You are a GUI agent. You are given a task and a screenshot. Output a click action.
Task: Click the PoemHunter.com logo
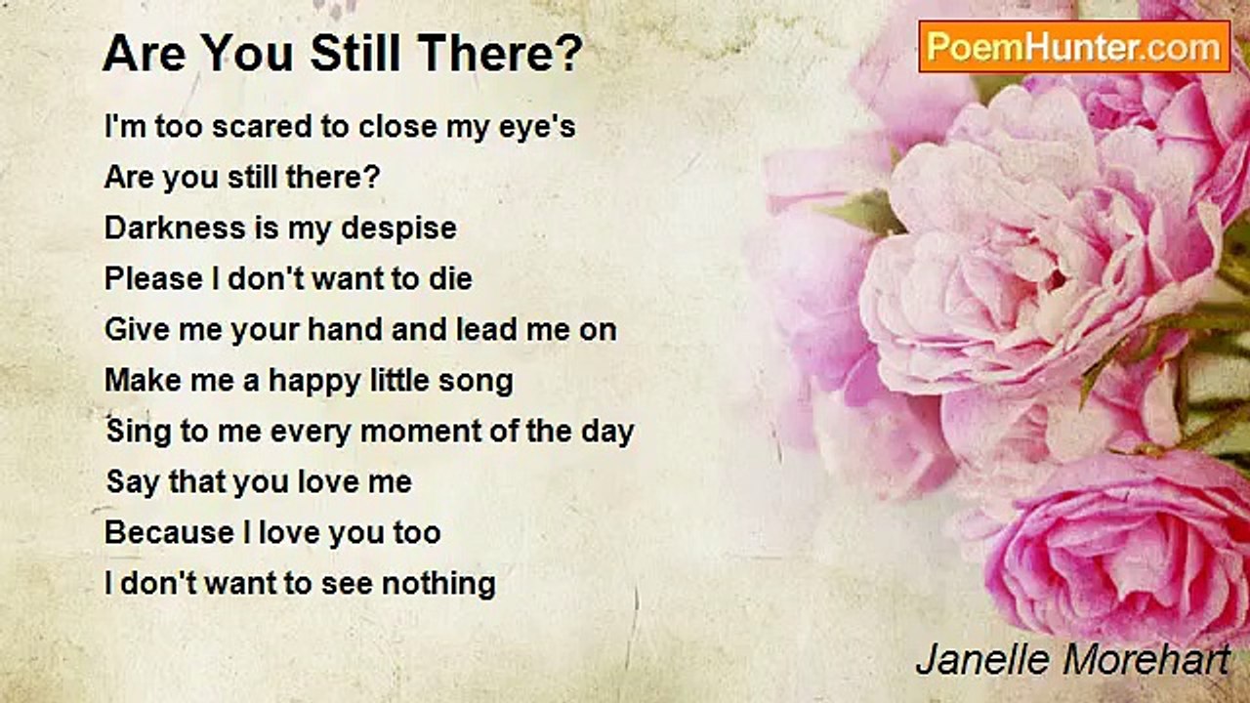(1074, 47)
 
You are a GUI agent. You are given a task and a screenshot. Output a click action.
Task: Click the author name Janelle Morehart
(1072, 659)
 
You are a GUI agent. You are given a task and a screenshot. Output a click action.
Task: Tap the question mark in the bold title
(569, 53)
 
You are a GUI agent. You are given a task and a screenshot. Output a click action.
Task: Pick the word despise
(398, 229)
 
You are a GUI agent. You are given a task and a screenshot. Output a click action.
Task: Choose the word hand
(345, 330)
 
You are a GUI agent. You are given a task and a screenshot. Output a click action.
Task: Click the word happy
(314, 382)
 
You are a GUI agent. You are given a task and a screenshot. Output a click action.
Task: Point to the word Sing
(139, 433)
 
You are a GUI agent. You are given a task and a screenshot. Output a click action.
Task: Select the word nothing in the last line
(438, 585)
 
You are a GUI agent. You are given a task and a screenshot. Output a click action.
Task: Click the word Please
(153, 279)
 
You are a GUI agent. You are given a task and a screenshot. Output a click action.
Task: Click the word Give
(138, 330)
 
